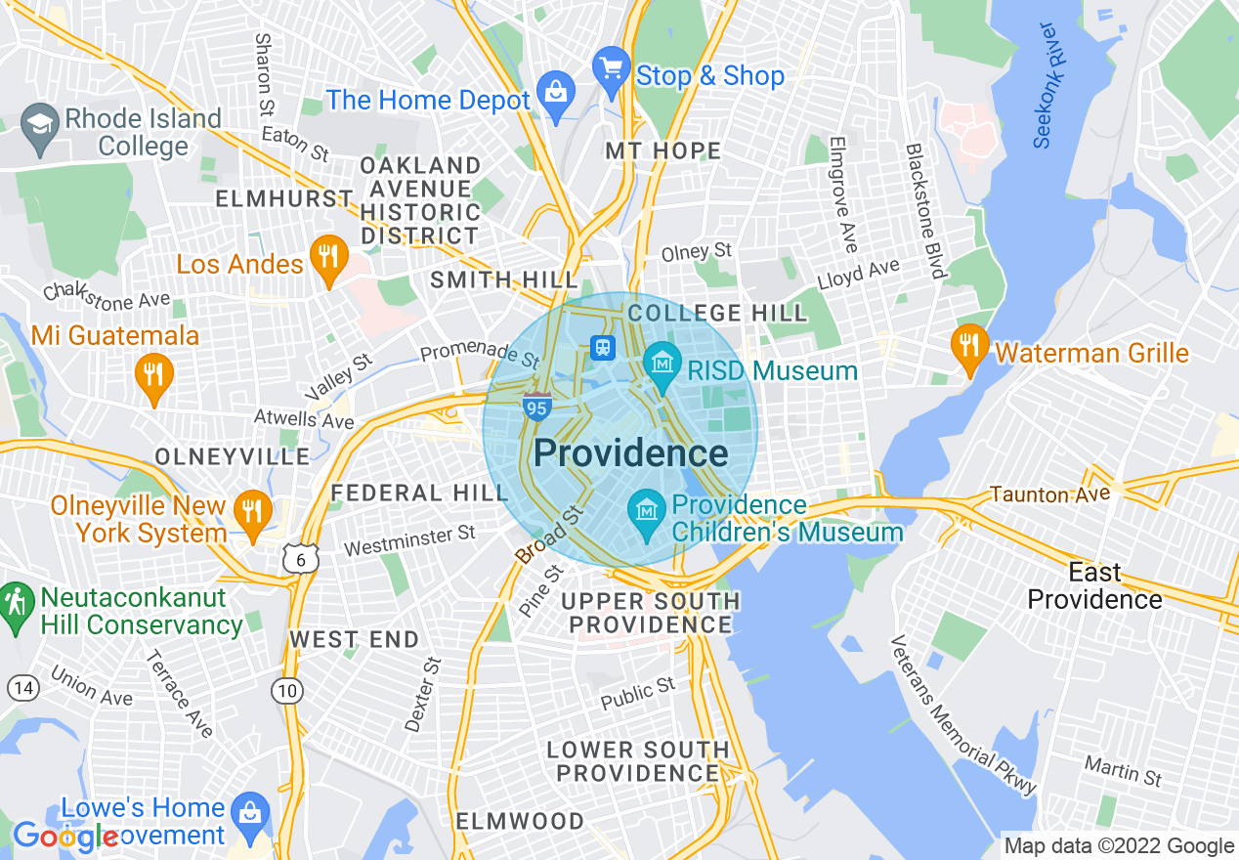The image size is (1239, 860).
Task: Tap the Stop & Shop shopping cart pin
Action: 612,69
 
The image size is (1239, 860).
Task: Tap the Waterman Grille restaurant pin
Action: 969,346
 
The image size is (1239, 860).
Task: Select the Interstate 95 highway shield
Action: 536,407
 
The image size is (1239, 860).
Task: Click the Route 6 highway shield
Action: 297,559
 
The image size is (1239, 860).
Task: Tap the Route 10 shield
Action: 287,691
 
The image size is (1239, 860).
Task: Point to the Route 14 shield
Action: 23,688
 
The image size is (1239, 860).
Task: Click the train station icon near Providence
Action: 602,347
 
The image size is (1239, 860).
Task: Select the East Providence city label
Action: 1094,585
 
